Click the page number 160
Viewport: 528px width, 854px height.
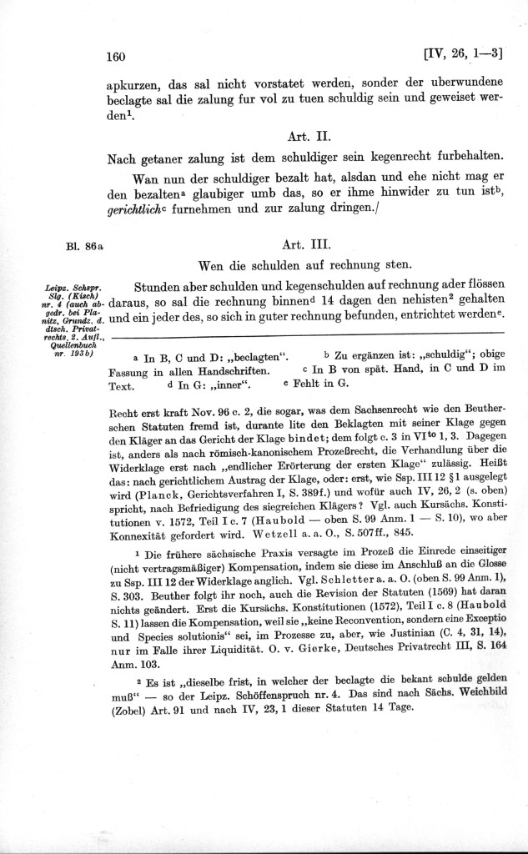115,57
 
